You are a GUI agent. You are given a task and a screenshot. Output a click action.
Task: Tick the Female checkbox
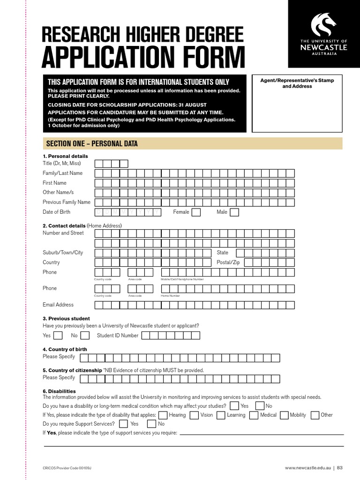point(196,212)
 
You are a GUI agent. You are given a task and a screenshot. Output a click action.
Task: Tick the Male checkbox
point(234,212)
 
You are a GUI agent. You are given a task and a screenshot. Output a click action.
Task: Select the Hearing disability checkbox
point(163,415)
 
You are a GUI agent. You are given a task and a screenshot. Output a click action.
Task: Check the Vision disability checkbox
point(194,415)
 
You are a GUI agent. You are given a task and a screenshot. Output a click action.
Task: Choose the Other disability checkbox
point(315,415)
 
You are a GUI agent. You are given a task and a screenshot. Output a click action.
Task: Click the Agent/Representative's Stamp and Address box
point(297,104)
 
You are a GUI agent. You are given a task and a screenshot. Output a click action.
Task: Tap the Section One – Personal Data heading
point(91,144)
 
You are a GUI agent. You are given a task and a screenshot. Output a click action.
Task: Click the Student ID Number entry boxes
point(170,336)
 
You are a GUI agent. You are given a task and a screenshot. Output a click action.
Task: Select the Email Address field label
point(58,305)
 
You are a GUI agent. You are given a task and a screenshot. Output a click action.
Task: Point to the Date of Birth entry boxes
point(128,212)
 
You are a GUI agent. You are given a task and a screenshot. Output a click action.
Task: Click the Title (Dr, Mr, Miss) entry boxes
point(111,164)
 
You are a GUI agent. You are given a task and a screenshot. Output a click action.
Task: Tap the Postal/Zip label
point(228,262)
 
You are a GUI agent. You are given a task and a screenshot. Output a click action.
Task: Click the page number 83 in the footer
point(340,467)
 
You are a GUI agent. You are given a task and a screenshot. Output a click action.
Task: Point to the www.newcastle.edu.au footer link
point(307,467)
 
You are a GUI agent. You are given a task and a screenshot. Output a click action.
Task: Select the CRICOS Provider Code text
point(70,468)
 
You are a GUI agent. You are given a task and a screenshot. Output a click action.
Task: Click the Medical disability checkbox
point(254,415)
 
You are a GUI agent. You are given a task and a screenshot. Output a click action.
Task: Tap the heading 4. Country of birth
point(65,349)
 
